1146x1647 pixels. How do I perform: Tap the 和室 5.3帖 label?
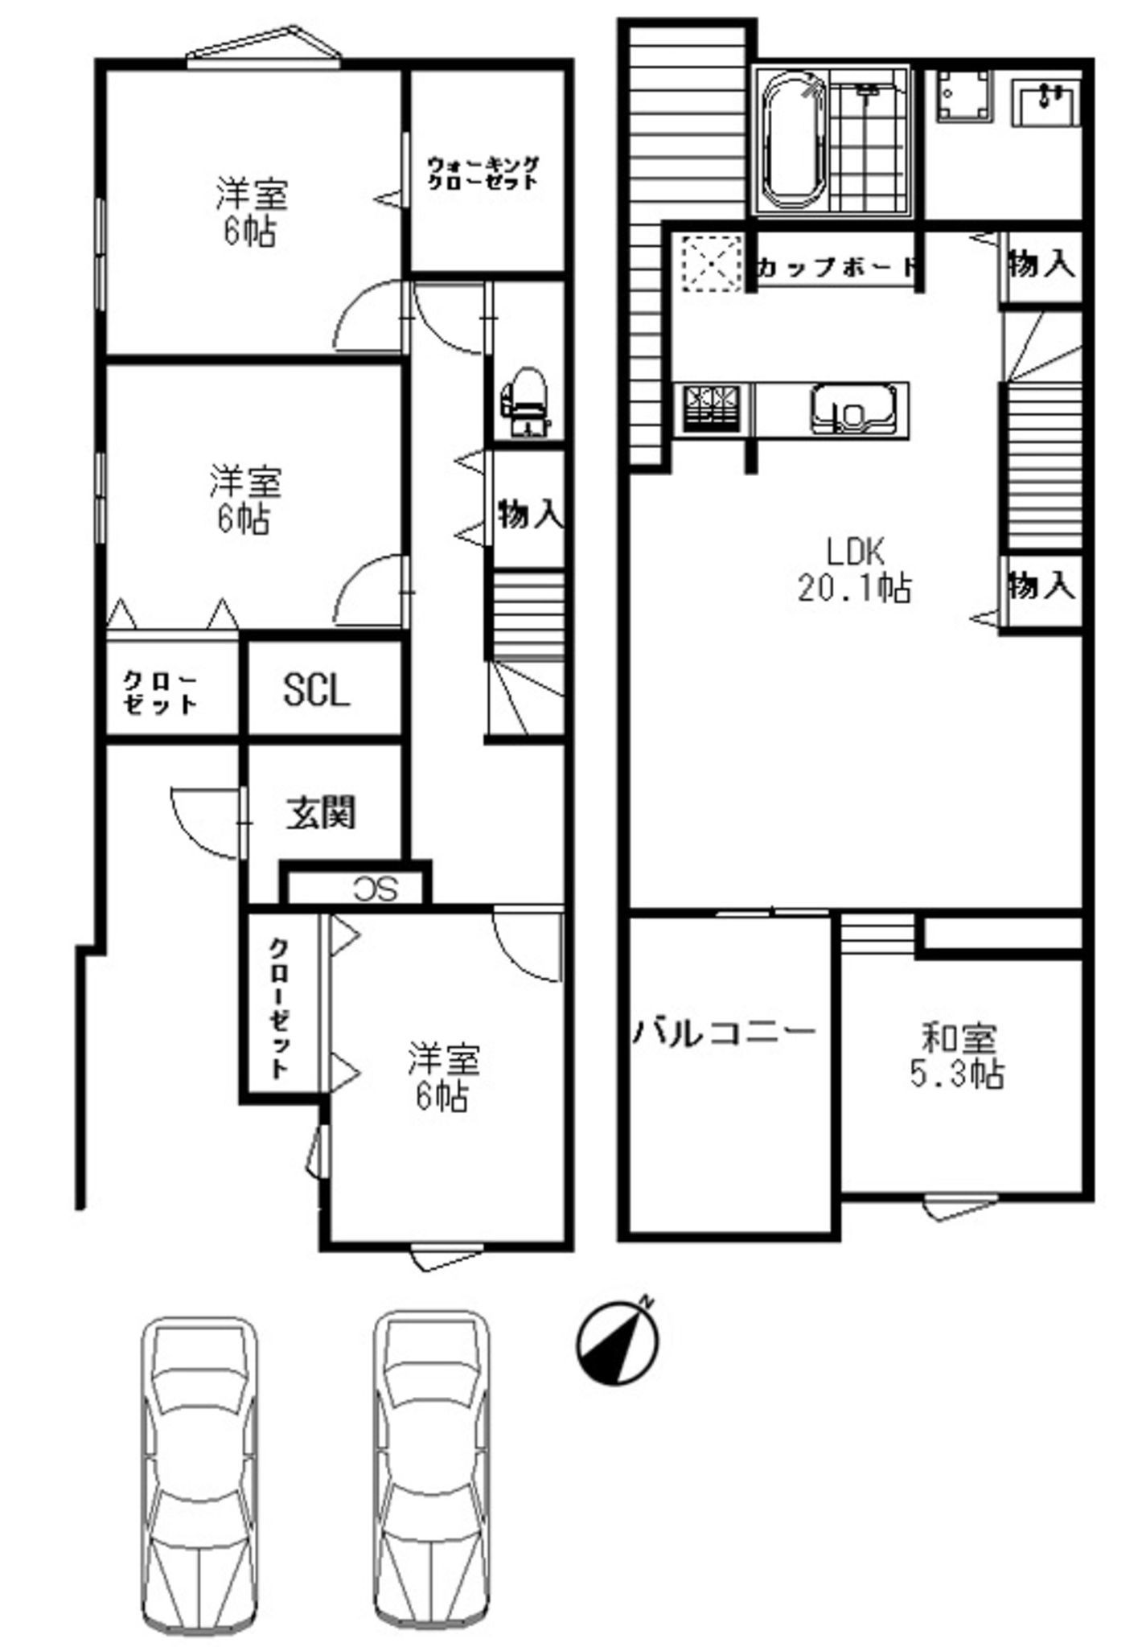coord(957,1055)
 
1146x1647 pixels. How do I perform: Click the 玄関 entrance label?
coord(322,814)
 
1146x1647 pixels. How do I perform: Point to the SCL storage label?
coord(316,689)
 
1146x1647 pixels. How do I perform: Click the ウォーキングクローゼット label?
coord(483,172)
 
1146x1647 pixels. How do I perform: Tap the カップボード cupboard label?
coord(836,266)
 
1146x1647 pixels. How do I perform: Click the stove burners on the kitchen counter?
coord(711,409)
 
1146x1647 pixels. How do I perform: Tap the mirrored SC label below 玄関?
coord(376,889)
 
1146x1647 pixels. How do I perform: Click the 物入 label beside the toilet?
coord(530,515)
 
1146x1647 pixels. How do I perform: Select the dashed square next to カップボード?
coord(709,262)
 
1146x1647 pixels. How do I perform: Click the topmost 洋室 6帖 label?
coord(250,212)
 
